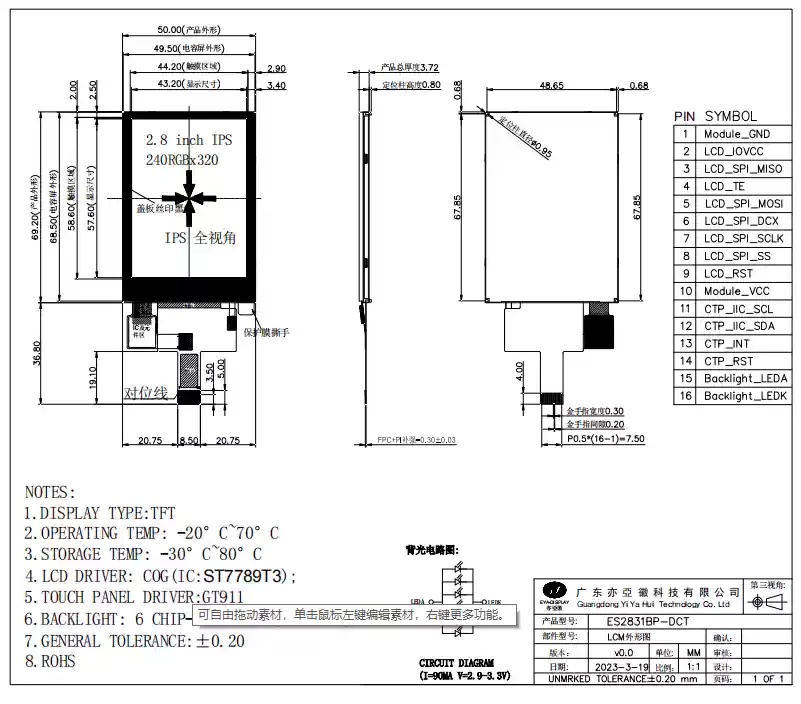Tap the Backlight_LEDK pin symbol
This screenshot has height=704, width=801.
pos(745,396)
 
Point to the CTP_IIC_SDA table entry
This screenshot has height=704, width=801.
pos(738,326)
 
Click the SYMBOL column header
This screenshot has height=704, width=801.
pos(731,116)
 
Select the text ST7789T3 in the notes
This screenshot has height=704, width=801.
pos(245,576)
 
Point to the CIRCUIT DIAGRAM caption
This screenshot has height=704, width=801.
pos(455,662)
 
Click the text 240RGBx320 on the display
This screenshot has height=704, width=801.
pos(182,159)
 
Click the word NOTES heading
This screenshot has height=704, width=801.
pos(50,492)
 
